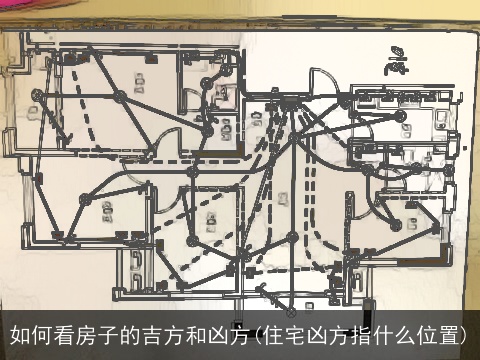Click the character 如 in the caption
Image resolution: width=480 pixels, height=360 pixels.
(x=20, y=334)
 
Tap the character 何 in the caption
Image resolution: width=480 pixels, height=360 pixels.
(x=42, y=334)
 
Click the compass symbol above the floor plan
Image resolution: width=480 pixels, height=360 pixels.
(x=397, y=62)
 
